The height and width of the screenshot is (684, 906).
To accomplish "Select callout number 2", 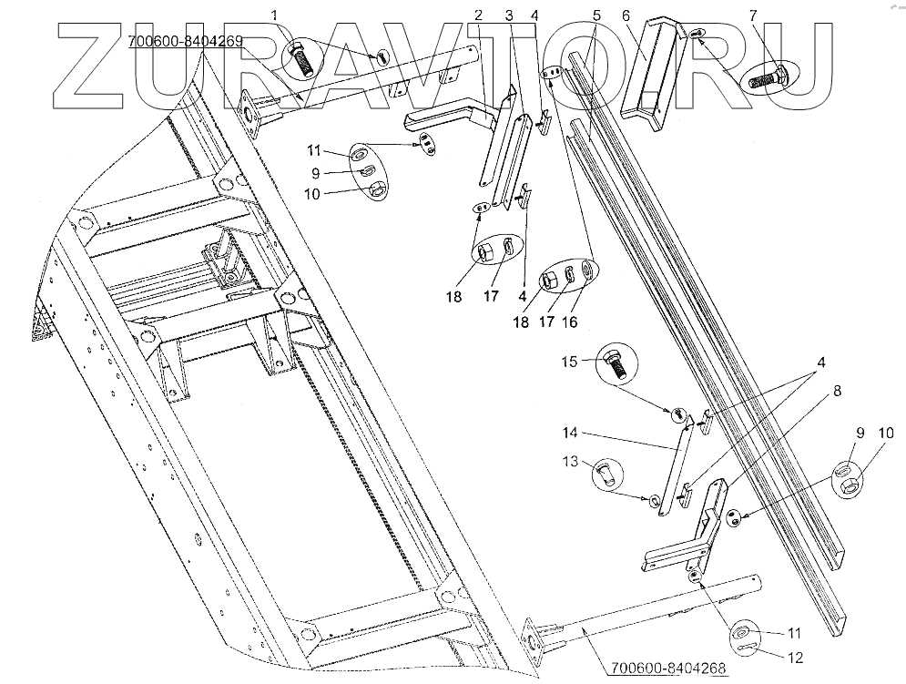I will (478, 15).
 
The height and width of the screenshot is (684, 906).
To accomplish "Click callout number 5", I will (596, 15).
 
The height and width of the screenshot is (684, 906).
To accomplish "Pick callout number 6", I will (626, 15).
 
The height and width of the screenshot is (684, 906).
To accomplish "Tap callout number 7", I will (752, 15).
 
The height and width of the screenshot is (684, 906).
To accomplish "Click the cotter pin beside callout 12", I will (743, 648).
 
